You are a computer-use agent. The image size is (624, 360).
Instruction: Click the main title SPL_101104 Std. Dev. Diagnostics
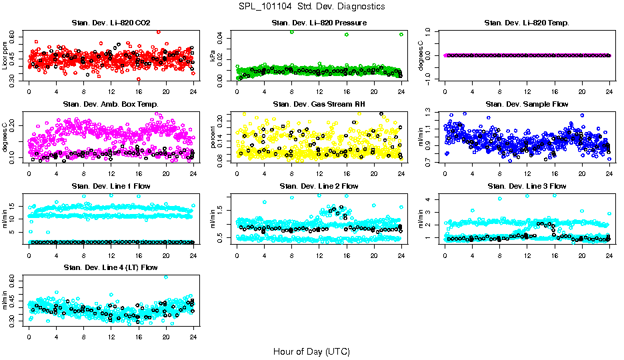(311, 7)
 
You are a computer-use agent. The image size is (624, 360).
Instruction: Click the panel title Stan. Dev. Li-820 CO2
(111, 23)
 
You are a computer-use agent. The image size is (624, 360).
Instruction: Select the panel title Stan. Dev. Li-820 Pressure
(319, 23)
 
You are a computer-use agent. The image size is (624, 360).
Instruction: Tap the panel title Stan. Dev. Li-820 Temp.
(527, 23)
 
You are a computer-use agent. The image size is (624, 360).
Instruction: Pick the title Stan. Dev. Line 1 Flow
(111, 186)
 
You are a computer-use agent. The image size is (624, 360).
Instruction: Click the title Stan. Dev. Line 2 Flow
(319, 186)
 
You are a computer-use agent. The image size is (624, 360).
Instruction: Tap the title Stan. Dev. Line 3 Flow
(527, 186)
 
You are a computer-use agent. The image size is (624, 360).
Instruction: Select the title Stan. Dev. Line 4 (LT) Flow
(111, 267)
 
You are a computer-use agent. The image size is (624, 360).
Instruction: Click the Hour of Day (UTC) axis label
(311, 351)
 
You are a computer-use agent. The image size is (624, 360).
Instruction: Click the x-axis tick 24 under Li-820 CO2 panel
(193, 91)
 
